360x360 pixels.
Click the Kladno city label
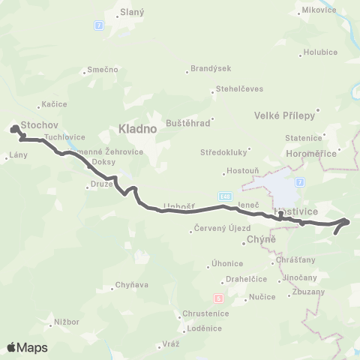pyautogui.click(x=136, y=129)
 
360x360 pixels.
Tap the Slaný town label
pyautogui.click(x=133, y=13)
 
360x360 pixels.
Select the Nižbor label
pyautogui.click(x=65, y=322)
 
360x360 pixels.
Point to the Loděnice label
pyautogui.click(x=205, y=328)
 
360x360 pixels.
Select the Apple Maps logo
pyautogui.click(x=27, y=347)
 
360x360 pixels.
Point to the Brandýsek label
pyautogui.click(x=206, y=71)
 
